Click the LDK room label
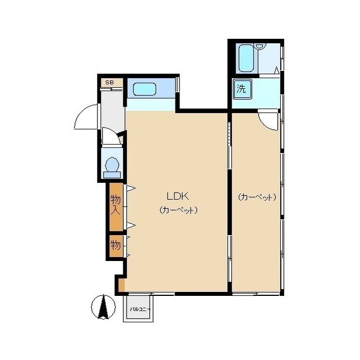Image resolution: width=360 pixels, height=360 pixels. (x=178, y=196)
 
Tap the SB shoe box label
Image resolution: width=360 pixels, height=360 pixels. (x=110, y=83)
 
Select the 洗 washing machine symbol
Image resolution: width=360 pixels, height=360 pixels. (x=242, y=89)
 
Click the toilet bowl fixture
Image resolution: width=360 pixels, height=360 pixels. (x=112, y=164)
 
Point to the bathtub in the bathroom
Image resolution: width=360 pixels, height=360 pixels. (x=246, y=58)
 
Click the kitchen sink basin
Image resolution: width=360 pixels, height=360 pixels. (x=145, y=89)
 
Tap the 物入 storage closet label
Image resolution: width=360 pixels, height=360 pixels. (x=115, y=205)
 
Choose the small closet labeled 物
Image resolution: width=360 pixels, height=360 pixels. (x=116, y=246)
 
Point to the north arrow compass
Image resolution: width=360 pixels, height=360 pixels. (x=103, y=307)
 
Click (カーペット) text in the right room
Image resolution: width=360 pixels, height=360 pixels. (x=256, y=197)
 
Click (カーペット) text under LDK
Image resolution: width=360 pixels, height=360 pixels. (x=178, y=210)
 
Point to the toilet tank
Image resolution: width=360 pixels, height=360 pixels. (x=112, y=175)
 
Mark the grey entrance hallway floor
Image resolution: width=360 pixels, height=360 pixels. (x=112, y=110)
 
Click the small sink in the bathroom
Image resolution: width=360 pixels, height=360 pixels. (x=260, y=47)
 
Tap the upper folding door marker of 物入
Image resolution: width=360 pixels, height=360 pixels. (x=131, y=188)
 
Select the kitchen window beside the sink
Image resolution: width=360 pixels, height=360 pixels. (x=177, y=84)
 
